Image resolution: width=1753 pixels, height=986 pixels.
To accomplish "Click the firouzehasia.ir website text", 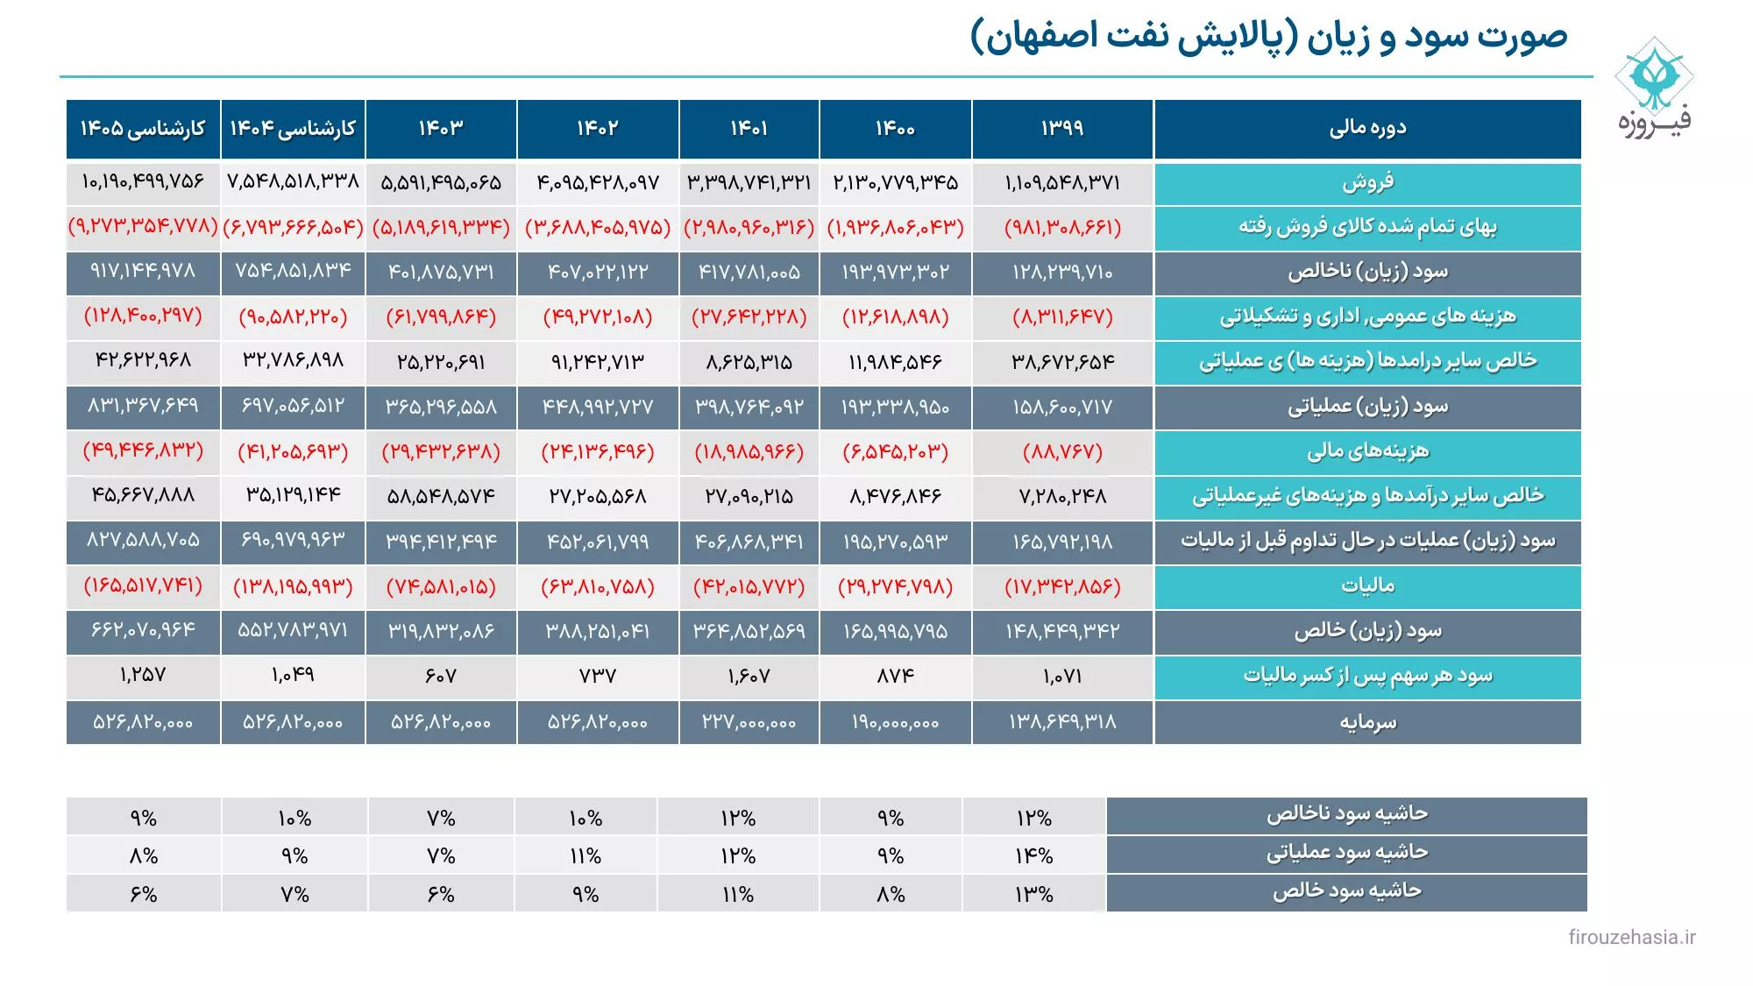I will (x=1631, y=937).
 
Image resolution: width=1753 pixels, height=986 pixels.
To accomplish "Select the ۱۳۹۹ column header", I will (x=1062, y=129).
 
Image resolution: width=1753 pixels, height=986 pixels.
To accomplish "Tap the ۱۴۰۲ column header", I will (x=598, y=129).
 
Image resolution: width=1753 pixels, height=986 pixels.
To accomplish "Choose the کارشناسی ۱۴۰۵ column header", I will (x=143, y=129).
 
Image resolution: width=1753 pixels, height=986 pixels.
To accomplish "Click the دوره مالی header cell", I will (x=1367, y=129).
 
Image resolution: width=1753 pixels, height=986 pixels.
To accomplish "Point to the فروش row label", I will (x=1367, y=183).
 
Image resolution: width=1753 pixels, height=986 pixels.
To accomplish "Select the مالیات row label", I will (x=1367, y=585).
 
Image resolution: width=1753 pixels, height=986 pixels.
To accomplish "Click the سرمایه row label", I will (x=1367, y=722).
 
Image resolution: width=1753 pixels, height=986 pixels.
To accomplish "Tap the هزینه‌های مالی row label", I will (x=1367, y=451).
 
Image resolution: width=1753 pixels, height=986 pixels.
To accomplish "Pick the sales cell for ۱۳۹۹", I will (x=1062, y=183).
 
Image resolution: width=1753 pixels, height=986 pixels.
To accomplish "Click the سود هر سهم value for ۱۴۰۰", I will (x=895, y=676).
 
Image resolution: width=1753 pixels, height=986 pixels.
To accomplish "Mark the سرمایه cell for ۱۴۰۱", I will (x=749, y=722).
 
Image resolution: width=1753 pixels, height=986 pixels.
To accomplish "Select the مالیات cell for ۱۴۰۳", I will (x=441, y=586).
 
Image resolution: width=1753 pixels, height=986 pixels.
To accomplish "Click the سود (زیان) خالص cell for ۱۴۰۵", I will (x=143, y=631).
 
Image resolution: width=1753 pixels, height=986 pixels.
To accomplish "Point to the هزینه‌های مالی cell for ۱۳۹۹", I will (x=1062, y=452).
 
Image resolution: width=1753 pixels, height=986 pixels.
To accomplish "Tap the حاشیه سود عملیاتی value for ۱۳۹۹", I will (x=1034, y=855).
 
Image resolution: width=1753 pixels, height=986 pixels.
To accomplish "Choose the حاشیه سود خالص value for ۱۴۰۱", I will (x=738, y=894).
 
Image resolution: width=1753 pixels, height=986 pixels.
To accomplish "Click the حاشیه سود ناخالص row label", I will (x=1346, y=814).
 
